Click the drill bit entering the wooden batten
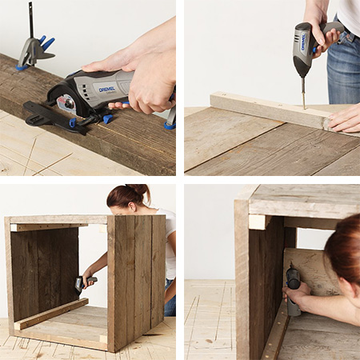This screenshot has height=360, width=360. pyautogui.click(x=303, y=94)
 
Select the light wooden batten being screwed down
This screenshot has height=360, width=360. pyautogui.click(x=264, y=109)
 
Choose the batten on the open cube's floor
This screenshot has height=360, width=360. pyautogui.click(x=52, y=313)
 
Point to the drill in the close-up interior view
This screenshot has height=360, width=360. pyautogui.click(x=294, y=288)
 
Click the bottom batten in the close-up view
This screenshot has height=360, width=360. pyautogui.click(x=275, y=332)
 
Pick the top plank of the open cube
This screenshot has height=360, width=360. pyautogui.click(x=60, y=219)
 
